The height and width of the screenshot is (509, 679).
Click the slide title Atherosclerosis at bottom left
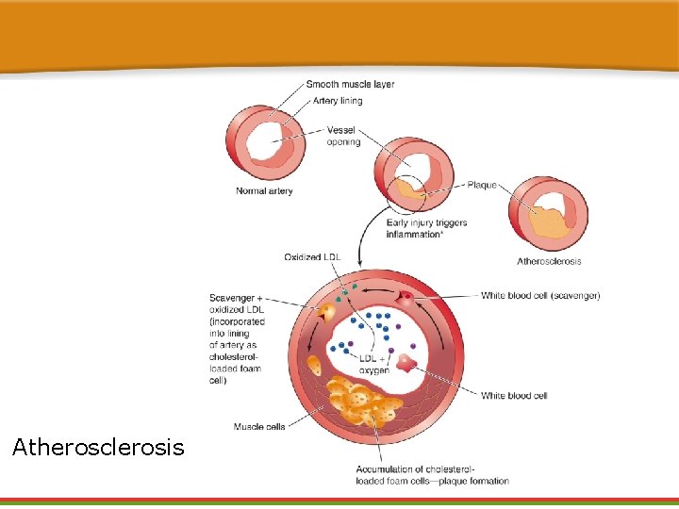point(98,447)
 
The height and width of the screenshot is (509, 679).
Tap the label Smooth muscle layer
point(350,85)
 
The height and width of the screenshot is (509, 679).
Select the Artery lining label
point(338,101)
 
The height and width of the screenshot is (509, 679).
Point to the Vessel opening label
point(343,136)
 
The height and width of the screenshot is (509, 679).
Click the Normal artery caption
point(264,191)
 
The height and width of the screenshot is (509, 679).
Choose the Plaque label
point(482,186)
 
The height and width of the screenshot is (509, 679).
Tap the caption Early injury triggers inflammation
point(426,228)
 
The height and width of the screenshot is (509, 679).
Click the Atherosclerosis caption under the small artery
point(549,261)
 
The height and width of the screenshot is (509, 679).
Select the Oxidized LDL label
point(312,256)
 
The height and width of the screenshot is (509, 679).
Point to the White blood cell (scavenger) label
point(540,296)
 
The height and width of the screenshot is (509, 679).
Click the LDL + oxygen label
point(373,364)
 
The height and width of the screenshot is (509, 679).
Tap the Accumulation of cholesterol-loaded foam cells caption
point(432,475)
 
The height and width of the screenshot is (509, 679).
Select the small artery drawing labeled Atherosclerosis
point(548,215)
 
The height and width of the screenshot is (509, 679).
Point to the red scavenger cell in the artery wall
point(406,299)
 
